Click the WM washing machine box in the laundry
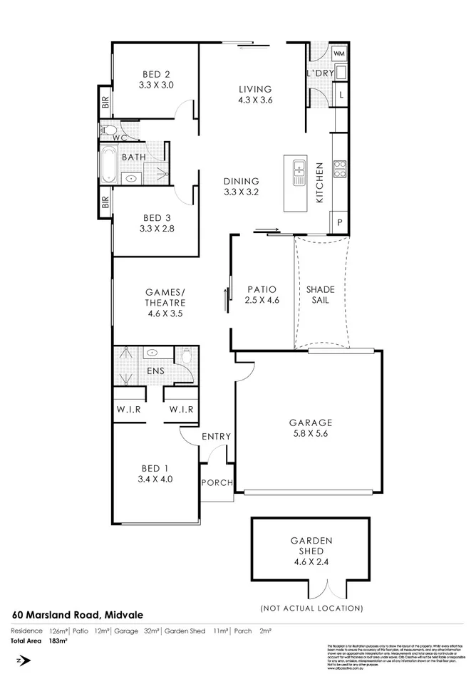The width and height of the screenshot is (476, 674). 339,53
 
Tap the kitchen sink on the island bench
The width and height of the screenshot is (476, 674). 299,171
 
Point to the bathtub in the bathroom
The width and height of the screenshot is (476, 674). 108,165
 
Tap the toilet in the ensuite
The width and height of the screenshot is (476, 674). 187,355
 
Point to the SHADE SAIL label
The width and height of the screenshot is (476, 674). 320,295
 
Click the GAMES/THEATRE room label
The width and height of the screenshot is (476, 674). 165,301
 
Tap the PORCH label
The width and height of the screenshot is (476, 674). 217,482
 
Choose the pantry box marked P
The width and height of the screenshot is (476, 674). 339,223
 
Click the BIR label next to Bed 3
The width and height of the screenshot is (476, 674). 105,203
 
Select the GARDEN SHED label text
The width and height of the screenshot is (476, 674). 311,546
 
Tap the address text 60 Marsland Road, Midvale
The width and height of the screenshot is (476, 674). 73,614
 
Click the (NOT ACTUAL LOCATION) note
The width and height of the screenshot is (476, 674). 311,608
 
